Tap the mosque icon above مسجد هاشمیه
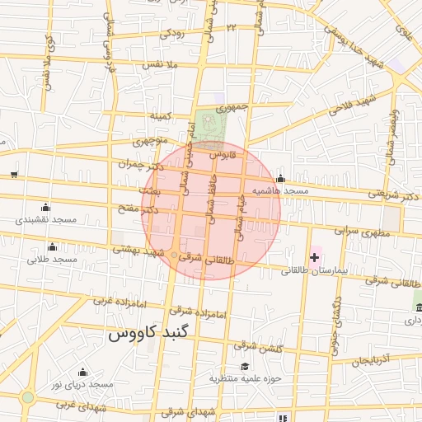(x=280, y=179)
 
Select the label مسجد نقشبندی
(x=45, y=220)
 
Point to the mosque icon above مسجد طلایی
(x=53, y=246)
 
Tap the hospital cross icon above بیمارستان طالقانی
(x=314, y=257)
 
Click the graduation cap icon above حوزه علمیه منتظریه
(x=244, y=366)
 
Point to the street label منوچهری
(x=148, y=142)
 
